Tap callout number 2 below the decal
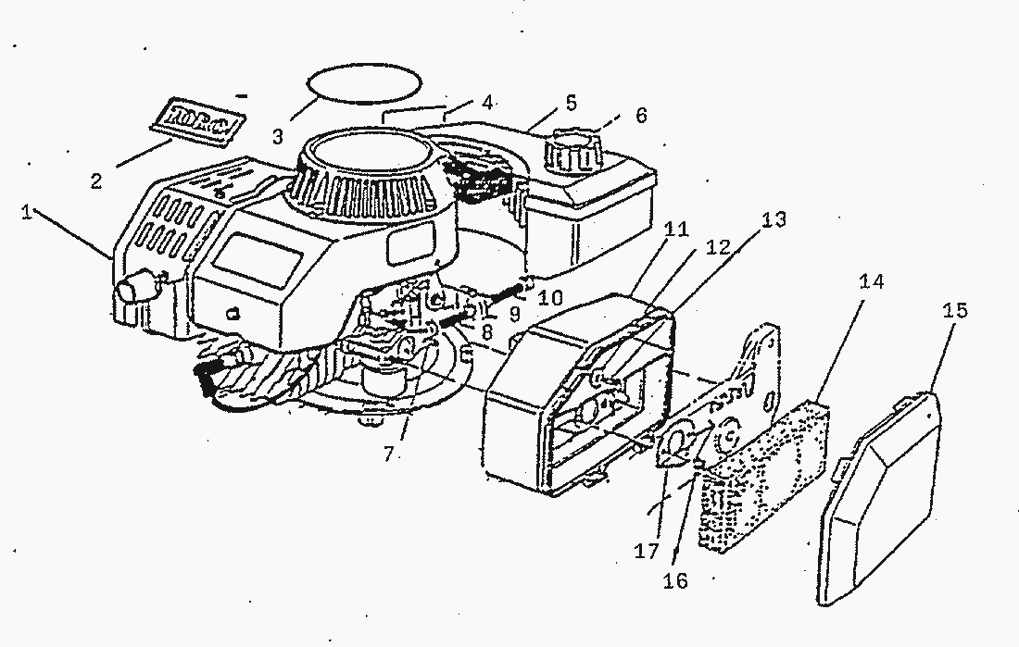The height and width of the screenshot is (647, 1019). tap(95, 181)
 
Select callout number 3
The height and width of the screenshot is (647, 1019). tap(277, 137)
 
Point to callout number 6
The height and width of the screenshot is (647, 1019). tap(641, 116)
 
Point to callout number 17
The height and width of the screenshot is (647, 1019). tap(646, 552)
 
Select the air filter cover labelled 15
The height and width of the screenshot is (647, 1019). tap(880, 500)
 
